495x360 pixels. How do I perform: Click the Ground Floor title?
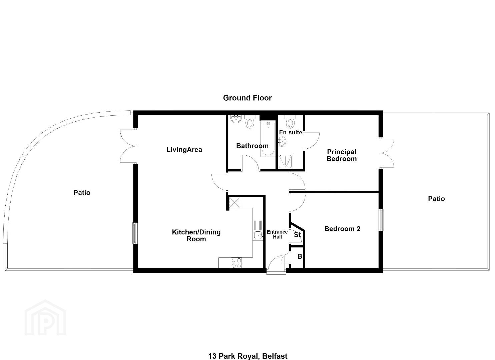247,98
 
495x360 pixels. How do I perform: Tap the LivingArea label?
184,150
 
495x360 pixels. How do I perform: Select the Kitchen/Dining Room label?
196,235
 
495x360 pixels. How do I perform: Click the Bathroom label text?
252,146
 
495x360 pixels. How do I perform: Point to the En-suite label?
291,132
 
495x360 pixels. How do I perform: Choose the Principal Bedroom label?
342,155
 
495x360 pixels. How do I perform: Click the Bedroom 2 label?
342,229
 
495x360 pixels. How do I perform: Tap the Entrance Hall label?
277,234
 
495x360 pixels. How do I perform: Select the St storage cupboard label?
297,235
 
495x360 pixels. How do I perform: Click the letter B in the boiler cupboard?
300,256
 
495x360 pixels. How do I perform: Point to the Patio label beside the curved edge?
82,193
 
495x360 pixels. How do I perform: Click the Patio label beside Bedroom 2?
436,199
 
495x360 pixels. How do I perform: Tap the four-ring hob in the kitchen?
236,263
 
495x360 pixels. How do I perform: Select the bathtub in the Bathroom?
268,139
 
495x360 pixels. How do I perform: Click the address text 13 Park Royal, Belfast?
248,356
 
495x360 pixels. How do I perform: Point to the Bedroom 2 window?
382,220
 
